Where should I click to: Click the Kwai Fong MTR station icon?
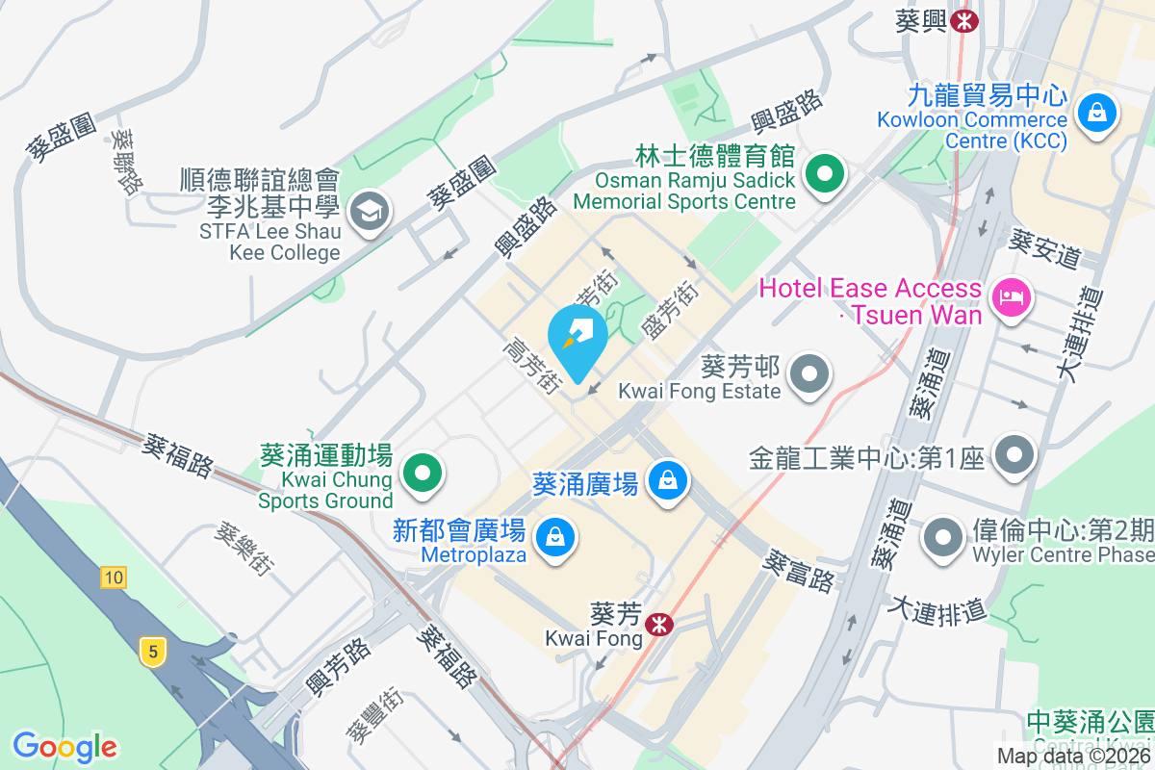click(659, 624)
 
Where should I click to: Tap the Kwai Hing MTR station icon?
click(963, 20)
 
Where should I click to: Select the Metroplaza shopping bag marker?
click(555, 536)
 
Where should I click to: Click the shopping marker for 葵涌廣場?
click(666, 477)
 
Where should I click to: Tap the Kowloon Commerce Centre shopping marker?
click(1096, 112)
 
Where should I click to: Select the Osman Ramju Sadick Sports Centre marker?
click(824, 174)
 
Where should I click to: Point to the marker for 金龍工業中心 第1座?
click(1014, 454)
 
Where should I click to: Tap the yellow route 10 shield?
click(113, 577)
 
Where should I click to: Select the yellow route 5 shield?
click(151, 652)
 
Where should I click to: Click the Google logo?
click(64, 746)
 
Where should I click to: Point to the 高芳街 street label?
click(533, 365)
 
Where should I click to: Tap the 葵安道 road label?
click(1044, 248)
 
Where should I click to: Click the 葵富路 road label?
click(800, 570)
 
